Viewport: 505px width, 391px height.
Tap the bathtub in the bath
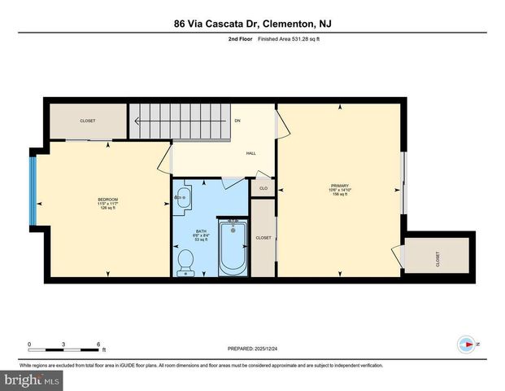click(233, 246)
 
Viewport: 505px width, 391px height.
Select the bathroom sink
click(182, 195)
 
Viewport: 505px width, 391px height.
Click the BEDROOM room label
click(108, 200)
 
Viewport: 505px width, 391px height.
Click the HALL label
click(251, 153)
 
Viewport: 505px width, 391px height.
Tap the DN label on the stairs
click(237, 121)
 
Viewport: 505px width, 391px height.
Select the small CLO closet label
click(263, 188)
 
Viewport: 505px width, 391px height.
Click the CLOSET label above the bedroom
click(87, 121)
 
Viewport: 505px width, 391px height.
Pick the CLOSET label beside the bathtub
click(263, 238)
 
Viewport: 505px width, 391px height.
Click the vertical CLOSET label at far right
click(438, 259)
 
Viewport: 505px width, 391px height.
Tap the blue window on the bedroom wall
click(33, 189)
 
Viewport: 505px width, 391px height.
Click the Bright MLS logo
click(31, 380)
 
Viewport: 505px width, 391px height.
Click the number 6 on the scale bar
click(98, 344)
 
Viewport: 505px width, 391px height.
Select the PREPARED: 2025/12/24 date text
click(252, 350)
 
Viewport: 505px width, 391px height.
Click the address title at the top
click(252, 24)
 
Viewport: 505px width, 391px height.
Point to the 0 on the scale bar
click(29, 344)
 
